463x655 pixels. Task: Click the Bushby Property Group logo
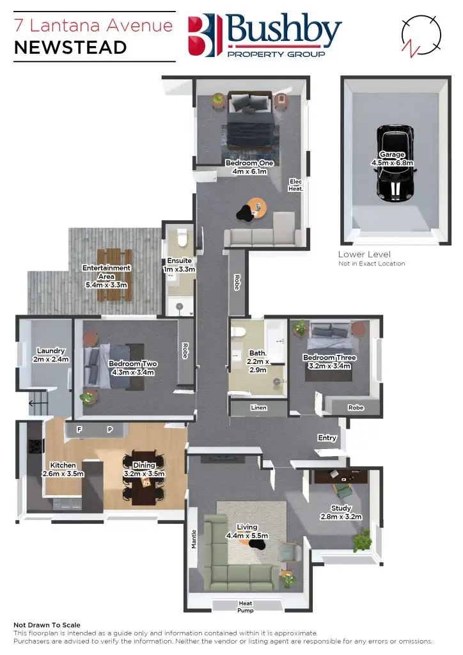point(265,36)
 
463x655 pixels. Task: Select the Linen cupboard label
point(258,407)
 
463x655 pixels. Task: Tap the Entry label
point(327,438)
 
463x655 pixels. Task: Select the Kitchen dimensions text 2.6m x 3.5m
point(63,474)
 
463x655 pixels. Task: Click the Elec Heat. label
point(295,185)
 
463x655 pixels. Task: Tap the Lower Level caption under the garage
point(364,255)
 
